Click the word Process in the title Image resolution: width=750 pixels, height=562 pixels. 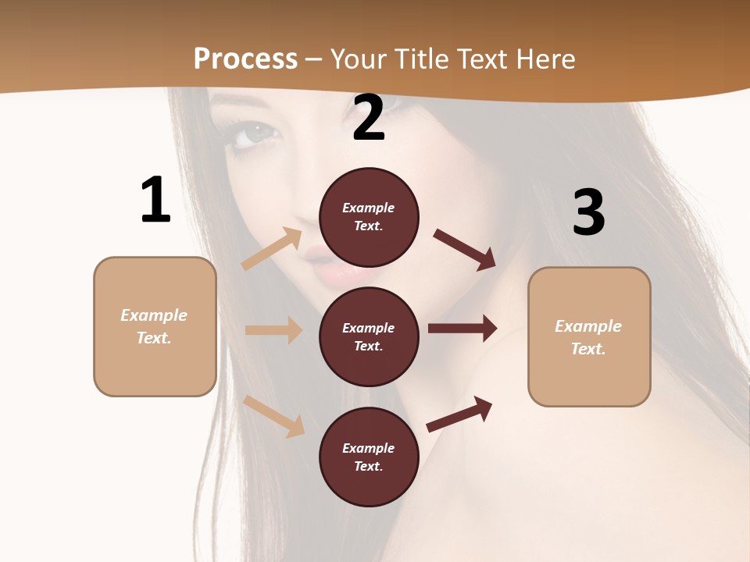(x=245, y=59)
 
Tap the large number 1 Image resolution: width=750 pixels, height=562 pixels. (x=155, y=201)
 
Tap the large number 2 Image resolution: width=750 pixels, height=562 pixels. (x=369, y=119)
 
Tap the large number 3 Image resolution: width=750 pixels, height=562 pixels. (x=588, y=212)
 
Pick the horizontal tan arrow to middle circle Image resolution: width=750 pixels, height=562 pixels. (x=273, y=330)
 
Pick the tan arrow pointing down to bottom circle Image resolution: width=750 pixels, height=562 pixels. (x=274, y=416)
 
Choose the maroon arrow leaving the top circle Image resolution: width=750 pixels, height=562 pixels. (x=465, y=250)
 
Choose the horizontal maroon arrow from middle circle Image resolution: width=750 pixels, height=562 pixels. (x=462, y=329)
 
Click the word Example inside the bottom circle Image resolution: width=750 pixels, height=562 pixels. (x=369, y=448)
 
